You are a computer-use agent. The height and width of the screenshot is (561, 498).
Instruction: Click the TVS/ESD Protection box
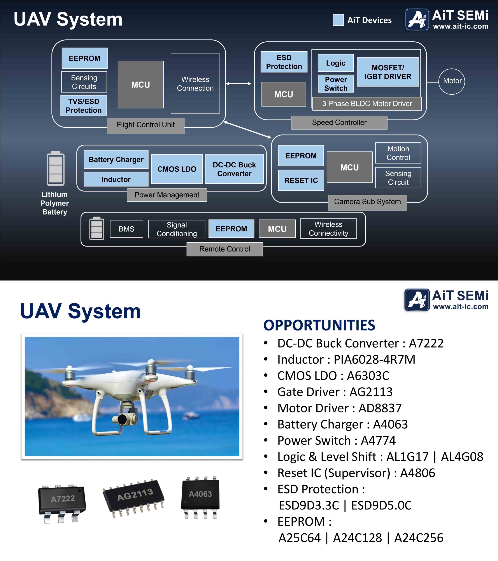tap(84, 106)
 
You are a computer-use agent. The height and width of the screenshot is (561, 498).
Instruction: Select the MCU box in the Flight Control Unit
tap(141, 85)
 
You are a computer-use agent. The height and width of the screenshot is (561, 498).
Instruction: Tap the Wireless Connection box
tap(195, 84)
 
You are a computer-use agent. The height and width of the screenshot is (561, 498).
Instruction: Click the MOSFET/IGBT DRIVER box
tap(388, 72)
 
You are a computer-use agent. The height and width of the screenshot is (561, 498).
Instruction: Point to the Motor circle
tap(452, 82)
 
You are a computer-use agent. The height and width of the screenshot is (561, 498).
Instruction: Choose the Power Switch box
tap(336, 84)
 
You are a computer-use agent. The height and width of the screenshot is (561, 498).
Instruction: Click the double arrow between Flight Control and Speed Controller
tap(238, 83)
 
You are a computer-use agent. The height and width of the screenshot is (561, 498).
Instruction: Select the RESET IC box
tap(301, 180)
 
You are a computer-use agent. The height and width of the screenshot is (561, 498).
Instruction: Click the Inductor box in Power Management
tap(116, 179)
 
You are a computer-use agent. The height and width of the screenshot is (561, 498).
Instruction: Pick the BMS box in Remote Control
tap(126, 229)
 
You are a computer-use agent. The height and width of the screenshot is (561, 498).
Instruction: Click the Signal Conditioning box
tap(177, 229)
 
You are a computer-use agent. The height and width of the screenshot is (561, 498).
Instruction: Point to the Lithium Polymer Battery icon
tap(56, 168)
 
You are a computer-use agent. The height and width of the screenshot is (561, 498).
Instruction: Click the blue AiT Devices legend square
tap(338, 20)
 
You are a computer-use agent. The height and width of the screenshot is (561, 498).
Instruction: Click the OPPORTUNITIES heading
tap(319, 325)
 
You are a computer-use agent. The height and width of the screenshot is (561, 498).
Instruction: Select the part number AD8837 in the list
tap(380, 408)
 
